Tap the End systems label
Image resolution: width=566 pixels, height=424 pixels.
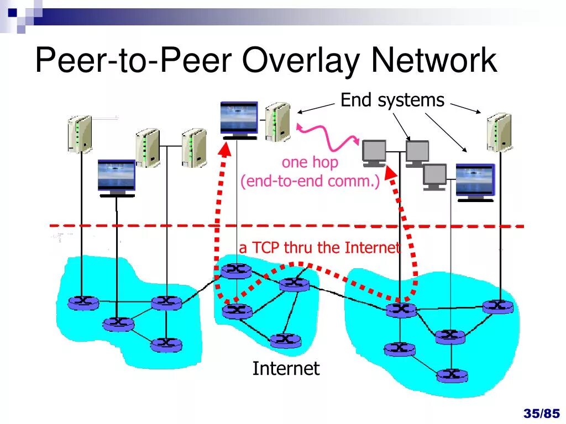(392, 100)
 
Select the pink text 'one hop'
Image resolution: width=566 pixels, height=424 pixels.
(310, 162)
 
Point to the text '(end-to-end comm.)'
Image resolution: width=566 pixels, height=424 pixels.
(310, 181)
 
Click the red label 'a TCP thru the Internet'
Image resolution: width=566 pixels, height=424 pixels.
(319, 248)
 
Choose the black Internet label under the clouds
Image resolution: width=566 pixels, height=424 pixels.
(286, 368)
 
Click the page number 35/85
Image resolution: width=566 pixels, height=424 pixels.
(541, 413)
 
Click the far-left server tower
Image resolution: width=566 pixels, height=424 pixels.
(79, 133)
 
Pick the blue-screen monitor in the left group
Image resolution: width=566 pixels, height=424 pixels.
(116, 177)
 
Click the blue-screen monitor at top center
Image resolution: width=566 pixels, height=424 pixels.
(239, 119)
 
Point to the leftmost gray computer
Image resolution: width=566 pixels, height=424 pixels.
(374, 153)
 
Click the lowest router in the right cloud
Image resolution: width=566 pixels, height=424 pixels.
(452, 375)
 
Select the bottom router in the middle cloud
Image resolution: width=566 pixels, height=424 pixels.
(285, 340)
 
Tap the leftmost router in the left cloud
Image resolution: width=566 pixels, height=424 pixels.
(83, 302)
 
